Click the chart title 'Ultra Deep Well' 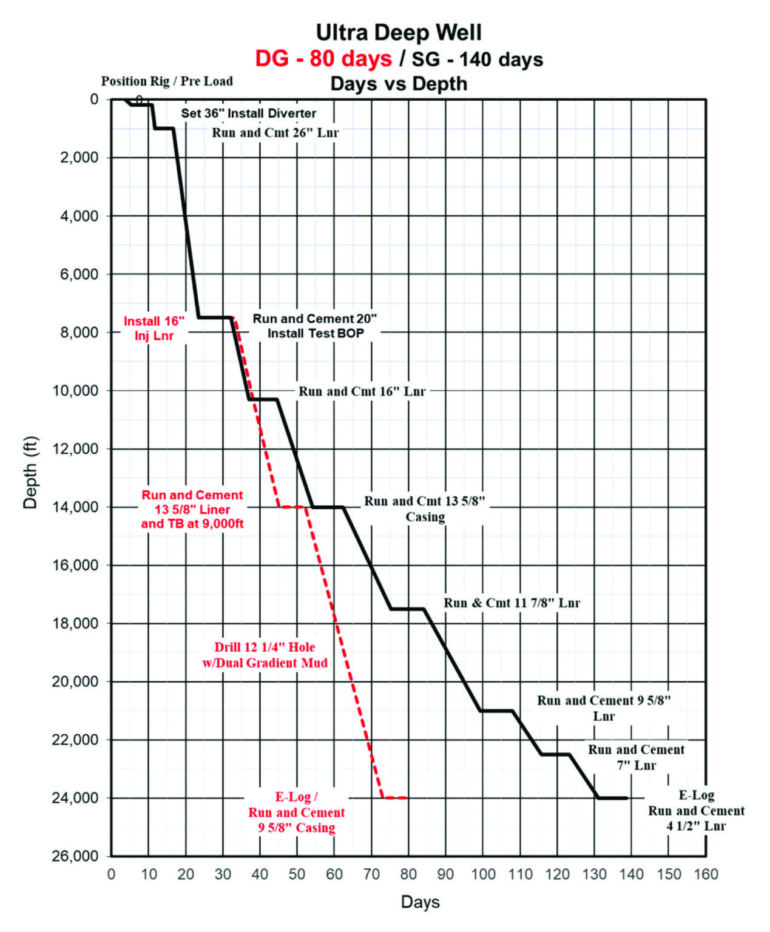point(399,32)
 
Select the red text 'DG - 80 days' point(323,59)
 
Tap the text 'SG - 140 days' point(478,59)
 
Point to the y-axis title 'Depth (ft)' point(30,473)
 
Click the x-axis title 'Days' point(420,902)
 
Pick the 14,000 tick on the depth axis point(75,507)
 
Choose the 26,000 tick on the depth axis point(75,856)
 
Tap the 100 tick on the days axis point(483,874)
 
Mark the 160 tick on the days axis point(706,874)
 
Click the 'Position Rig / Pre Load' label point(167,81)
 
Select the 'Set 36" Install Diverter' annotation point(249,113)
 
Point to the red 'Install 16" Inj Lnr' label point(154,328)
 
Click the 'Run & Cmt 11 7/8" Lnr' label point(512,603)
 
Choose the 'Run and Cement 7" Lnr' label point(636,757)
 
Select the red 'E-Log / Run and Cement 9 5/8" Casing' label point(296,812)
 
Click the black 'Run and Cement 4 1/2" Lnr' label point(696,811)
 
